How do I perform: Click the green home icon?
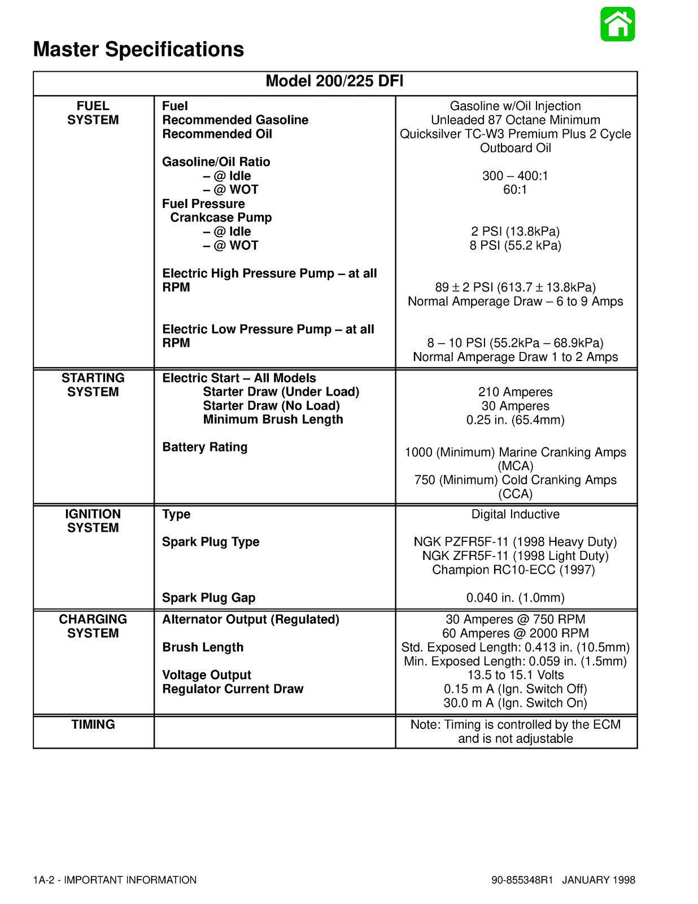coord(618,24)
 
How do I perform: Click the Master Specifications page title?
coord(138,49)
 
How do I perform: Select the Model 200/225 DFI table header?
coord(334,81)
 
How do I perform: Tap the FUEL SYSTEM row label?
coord(93,113)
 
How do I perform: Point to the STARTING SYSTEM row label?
coord(93,385)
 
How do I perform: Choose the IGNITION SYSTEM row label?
coord(93,521)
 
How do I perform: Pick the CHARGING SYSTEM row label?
coord(93,626)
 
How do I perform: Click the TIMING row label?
coord(93,724)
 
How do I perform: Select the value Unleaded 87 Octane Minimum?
coord(515,120)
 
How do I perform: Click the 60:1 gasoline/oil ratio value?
coord(515,190)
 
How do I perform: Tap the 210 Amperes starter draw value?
coord(515,392)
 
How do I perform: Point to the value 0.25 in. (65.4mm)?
coord(515,420)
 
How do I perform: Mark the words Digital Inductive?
coord(515,514)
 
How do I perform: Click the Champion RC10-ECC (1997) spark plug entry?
coord(513,570)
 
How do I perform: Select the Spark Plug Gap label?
coord(208,598)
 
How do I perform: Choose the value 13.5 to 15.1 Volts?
coord(515,675)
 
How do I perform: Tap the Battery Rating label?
coord(204,447)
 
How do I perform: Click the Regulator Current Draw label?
coord(233,689)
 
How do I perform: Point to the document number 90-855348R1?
coord(522,880)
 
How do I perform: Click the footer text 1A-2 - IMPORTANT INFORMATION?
coord(115,880)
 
